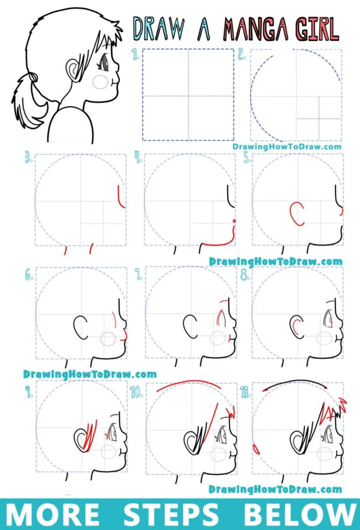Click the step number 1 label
(136, 54)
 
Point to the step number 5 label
(248, 158)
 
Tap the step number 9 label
(29, 392)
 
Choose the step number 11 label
(246, 392)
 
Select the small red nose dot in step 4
(234, 221)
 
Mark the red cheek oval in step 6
(108, 339)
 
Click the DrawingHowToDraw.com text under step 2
(286, 146)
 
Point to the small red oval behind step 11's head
(256, 449)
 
